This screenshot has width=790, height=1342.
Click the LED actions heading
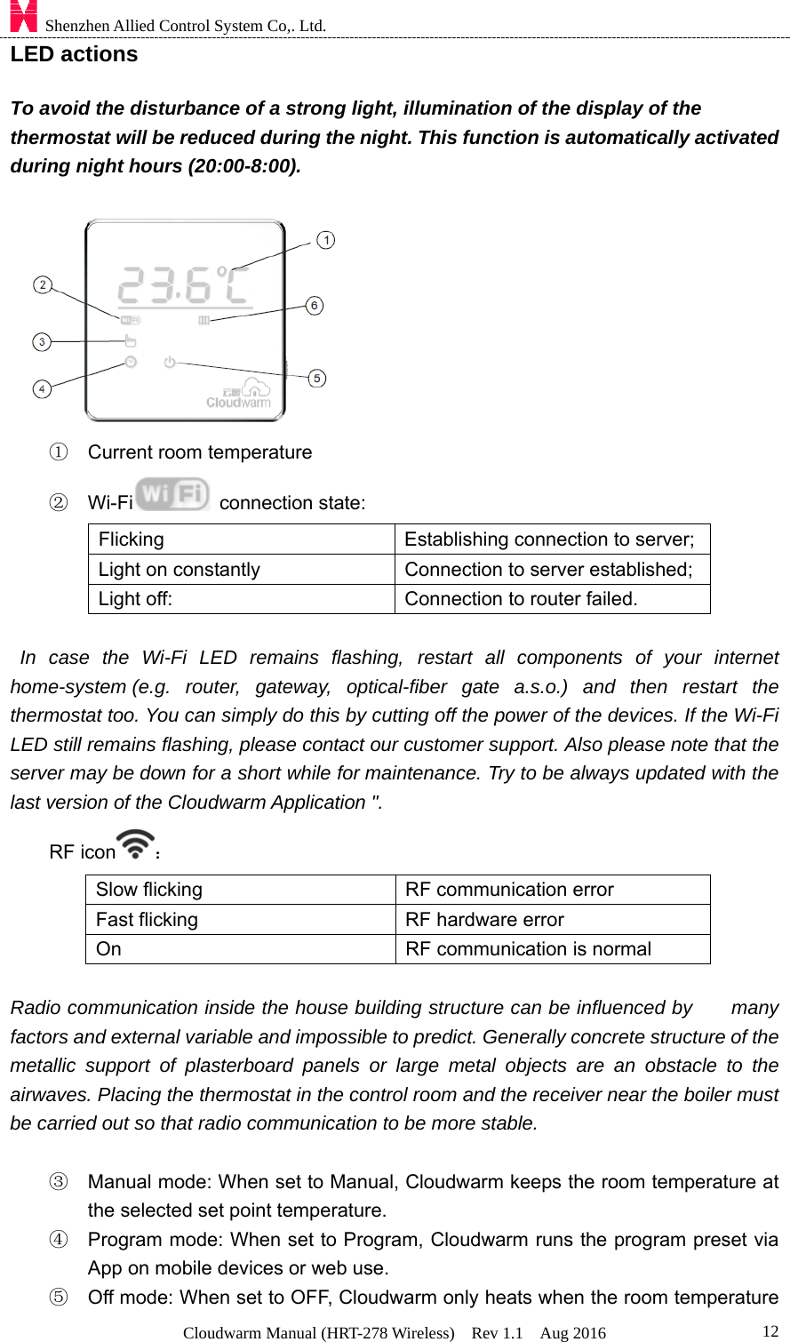[x=74, y=54]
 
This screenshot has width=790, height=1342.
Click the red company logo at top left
[x=23, y=16]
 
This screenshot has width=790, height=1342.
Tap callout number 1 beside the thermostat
[x=326, y=240]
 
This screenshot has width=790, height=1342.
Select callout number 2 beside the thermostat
[x=42, y=284]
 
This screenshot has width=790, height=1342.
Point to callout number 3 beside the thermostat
[x=42, y=341]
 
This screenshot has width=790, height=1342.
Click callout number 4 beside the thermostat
[x=42, y=388]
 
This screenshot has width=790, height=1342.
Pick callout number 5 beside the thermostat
[x=317, y=378]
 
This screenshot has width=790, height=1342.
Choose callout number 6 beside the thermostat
[x=315, y=305]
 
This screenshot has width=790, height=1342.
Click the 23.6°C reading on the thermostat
[x=183, y=285]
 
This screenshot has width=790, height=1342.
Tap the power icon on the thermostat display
[x=170, y=362]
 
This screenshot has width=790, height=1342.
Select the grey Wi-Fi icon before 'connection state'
[x=173, y=495]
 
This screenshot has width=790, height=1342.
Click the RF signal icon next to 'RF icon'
[x=135, y=844]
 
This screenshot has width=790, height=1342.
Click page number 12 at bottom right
[x=770, y=1330]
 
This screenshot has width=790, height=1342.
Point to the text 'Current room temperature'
[x=200, y=452]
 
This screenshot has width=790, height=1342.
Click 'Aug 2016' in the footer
[x=572, y=1332]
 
